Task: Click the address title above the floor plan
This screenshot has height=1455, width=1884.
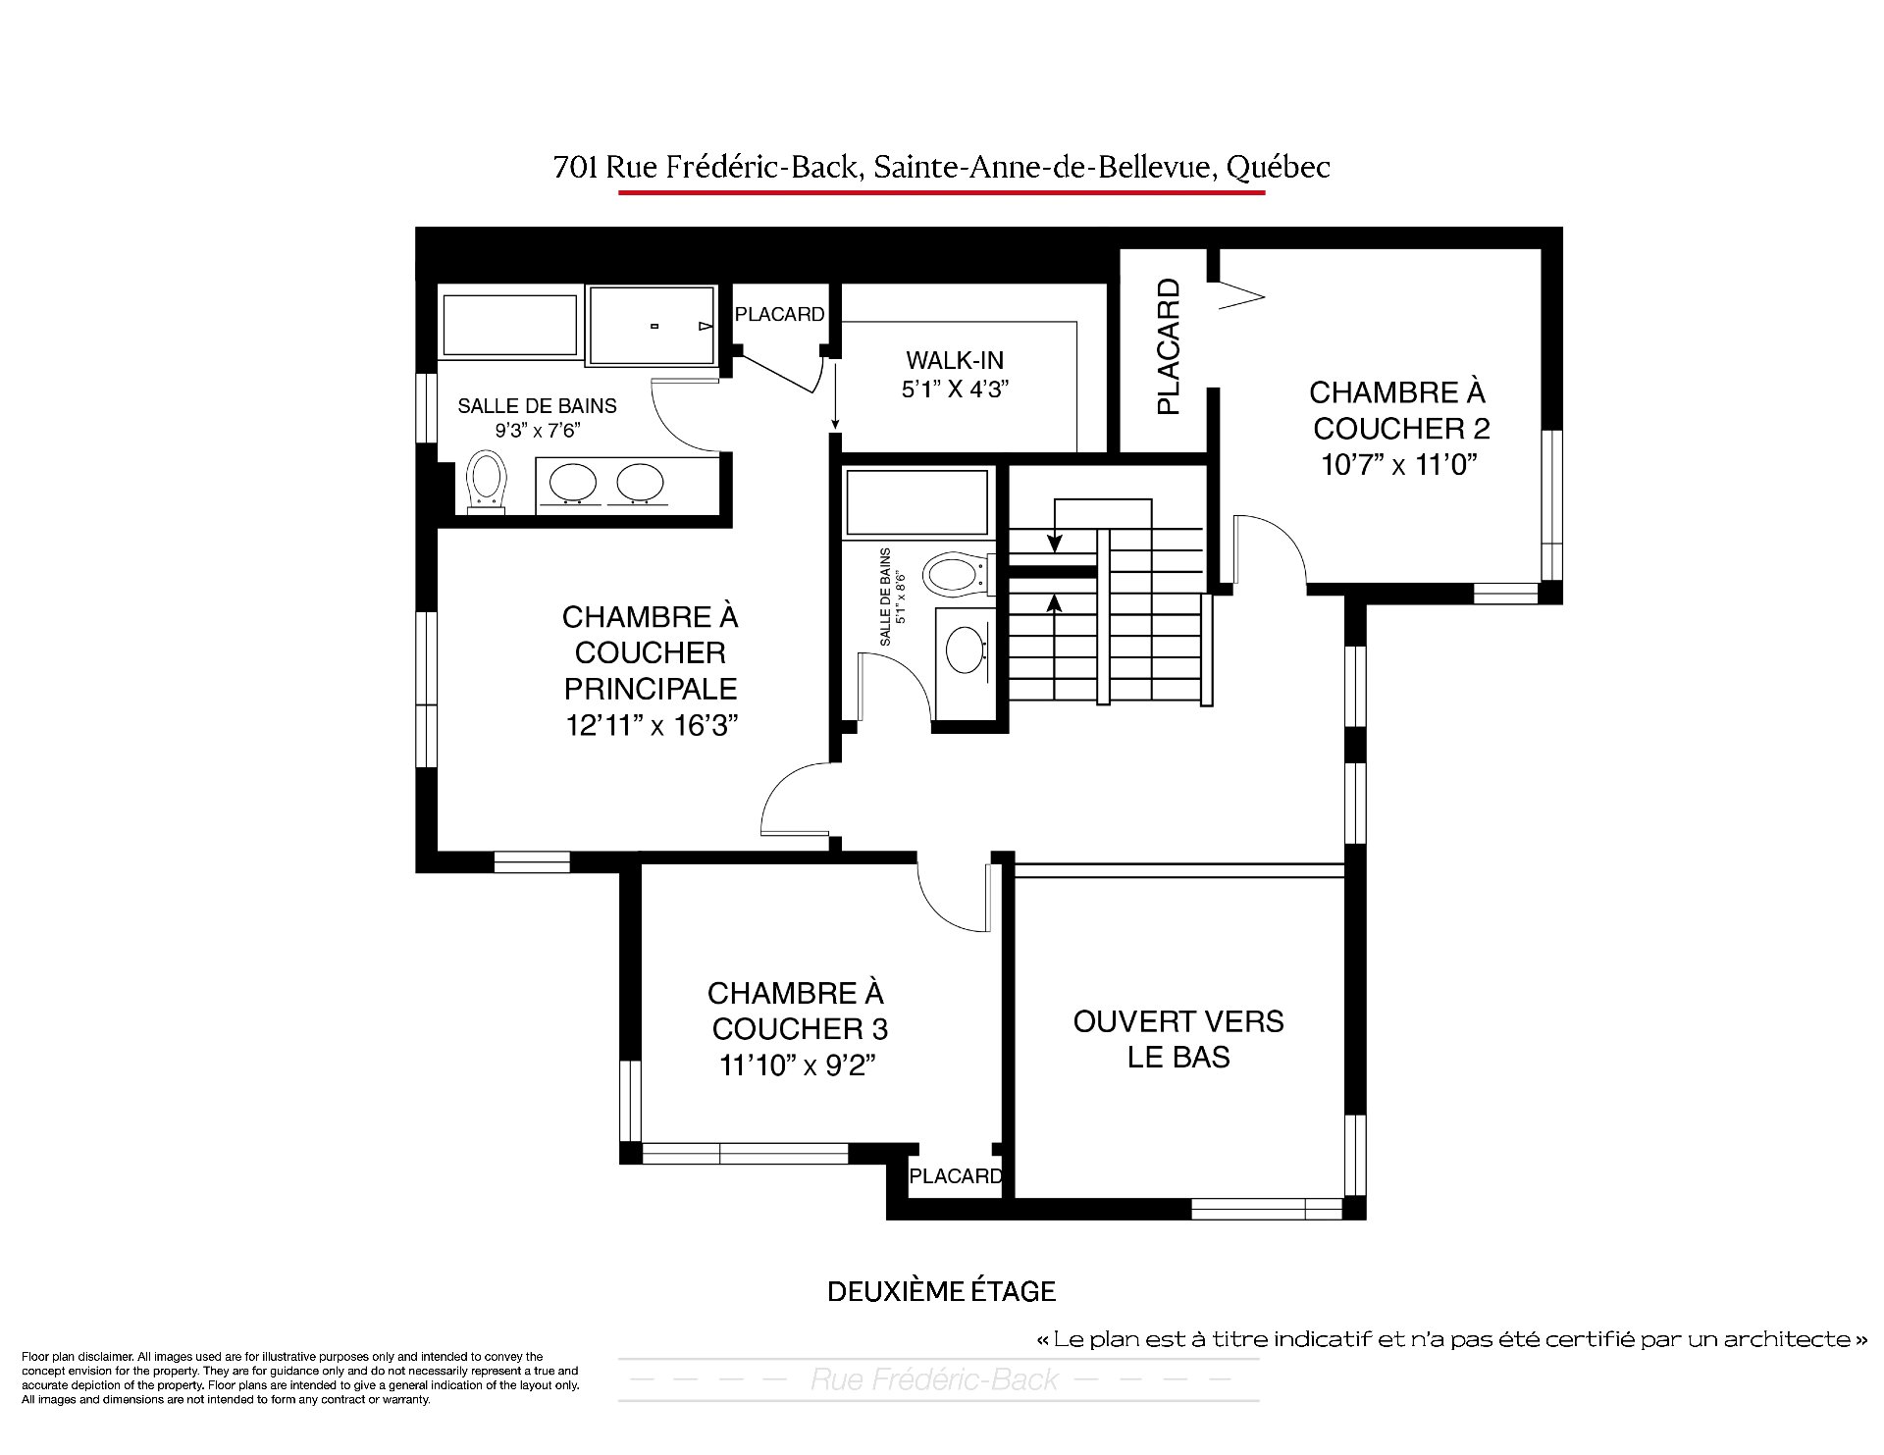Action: point(942,168)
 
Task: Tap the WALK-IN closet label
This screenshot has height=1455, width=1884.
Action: point(955,360)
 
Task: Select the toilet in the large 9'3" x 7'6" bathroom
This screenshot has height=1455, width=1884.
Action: point(487,482)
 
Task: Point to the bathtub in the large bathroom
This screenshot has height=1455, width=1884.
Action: point(510,325)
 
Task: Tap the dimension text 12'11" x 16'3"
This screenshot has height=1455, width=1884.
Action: point(651,725)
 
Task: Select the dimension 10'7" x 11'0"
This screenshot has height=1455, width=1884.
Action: point(1399,464)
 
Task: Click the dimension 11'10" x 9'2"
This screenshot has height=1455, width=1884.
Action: point(797,1065)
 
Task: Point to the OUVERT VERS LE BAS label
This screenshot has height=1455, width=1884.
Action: point(1178,1039)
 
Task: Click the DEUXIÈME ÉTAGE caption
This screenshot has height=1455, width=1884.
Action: point(942,1291)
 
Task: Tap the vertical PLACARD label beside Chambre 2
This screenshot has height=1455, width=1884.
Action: point(1168,347)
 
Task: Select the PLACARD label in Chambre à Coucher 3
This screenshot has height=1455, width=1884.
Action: point(955,1175)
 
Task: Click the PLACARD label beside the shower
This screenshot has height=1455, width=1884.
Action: point(780,314)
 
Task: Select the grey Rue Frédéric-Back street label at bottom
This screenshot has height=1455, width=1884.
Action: point(934,1379)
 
